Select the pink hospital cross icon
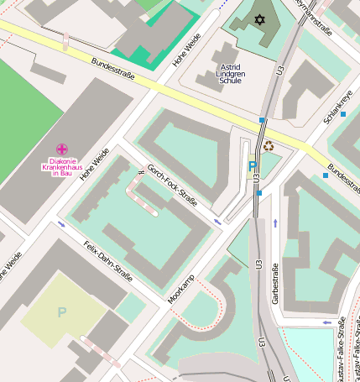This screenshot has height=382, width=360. tap(61, 149)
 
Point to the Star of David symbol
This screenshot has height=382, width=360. tap(258, 18)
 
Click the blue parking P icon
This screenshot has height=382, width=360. tap(252, 167)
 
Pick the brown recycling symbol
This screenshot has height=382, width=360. tap(269, 147)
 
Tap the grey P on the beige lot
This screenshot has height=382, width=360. tap(61, 311)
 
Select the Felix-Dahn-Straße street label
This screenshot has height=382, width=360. tap(108, 261)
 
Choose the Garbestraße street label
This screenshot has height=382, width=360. tap(274, 284)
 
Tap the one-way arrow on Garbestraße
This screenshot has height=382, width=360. tap(275, 222)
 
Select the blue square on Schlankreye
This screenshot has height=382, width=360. tap(343, 113)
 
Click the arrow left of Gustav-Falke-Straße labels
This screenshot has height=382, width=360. tap(327, 322)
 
